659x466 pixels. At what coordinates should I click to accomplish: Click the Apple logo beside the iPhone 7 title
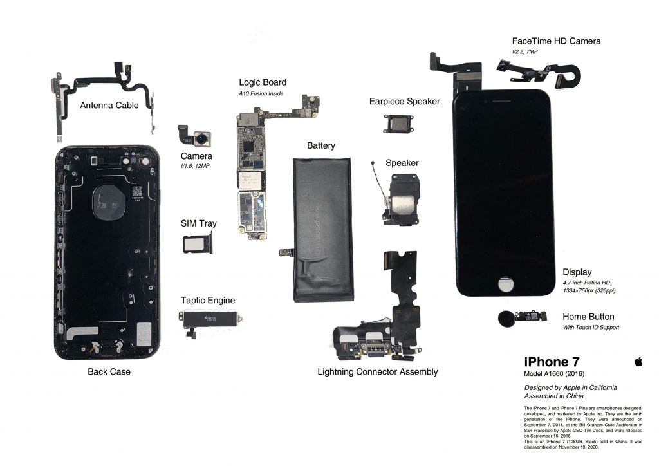[638, 362]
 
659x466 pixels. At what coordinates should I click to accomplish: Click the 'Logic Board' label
[263, 82]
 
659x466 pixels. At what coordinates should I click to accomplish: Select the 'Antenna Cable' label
[109, 105]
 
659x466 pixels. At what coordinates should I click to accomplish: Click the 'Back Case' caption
[109, 371]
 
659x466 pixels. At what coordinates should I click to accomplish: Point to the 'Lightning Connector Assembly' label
[378, 371]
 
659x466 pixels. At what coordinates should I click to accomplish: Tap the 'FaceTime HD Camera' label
[556, 41]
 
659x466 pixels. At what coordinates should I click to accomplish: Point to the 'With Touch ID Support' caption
[591, 328]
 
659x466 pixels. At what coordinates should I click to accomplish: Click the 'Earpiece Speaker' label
[404, 101]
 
